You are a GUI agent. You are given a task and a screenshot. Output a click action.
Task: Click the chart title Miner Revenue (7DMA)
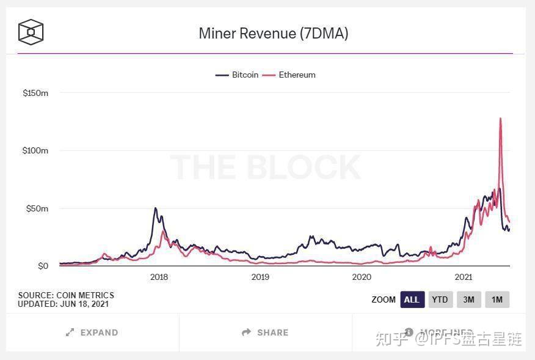click(273, 33)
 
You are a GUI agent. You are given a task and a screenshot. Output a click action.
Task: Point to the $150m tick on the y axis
click(35, 93)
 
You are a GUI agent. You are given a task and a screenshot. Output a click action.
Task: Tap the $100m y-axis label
click(35, 150)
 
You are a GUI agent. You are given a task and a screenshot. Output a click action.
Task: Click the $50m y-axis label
click(37, 208)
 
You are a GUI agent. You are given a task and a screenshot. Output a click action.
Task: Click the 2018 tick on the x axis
click(159, 277)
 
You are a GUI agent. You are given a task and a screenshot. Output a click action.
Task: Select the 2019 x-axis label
click(260, 277)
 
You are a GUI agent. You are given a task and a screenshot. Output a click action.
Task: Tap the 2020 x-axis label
click(362, 277)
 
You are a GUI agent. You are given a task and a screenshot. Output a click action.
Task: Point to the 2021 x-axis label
click(464, 277)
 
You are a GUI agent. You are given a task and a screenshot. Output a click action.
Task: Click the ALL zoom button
click(412, 299)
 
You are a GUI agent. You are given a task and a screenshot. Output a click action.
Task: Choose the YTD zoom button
click(440, 299)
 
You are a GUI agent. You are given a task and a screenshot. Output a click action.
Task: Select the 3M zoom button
click(469, 299)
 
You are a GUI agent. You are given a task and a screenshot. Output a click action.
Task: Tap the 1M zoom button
click(497, 299)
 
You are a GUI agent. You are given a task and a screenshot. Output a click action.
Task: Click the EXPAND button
click(92, 332)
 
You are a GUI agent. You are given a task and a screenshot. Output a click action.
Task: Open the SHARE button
click(265, 332)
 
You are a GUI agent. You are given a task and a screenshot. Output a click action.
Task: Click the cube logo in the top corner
click(31, 32)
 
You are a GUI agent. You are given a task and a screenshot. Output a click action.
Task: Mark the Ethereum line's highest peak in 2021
click(501, 119)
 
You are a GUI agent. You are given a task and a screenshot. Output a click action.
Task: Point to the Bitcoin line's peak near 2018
click(156, 208)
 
